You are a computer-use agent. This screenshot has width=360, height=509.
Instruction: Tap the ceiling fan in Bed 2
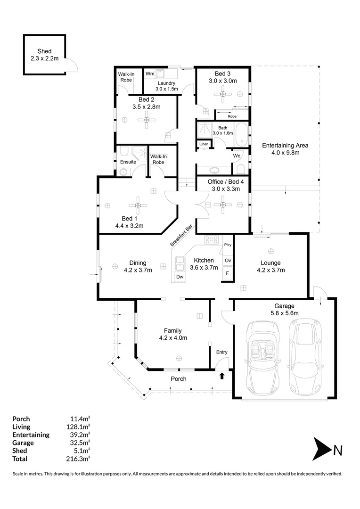point(147,120)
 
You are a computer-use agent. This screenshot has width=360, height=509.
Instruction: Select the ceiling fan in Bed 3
point(223,94)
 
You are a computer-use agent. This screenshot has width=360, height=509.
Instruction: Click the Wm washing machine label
point(150,74)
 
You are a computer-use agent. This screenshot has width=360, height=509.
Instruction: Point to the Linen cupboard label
point(204,144)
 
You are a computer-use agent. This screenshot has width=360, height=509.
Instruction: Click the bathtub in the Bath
point(241,134)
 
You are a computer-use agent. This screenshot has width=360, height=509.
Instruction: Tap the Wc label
point(237,156)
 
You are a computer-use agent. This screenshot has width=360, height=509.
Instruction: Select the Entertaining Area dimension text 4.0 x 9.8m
point(286,153)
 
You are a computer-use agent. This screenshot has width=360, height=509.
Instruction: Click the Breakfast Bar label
point(181,235)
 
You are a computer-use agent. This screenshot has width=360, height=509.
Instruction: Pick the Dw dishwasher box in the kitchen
point(180,277)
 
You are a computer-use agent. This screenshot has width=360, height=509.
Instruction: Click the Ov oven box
point(228,260)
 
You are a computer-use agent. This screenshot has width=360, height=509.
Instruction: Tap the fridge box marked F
point(228,273)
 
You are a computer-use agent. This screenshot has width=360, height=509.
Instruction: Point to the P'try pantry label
point(228,245)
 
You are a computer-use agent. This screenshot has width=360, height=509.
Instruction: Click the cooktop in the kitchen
point(211,240)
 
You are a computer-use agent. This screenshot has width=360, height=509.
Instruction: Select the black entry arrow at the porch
point(222,376)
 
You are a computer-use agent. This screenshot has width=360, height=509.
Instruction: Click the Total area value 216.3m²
point(78,459)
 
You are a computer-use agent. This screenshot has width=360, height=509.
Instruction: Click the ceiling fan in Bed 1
point(138,205)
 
